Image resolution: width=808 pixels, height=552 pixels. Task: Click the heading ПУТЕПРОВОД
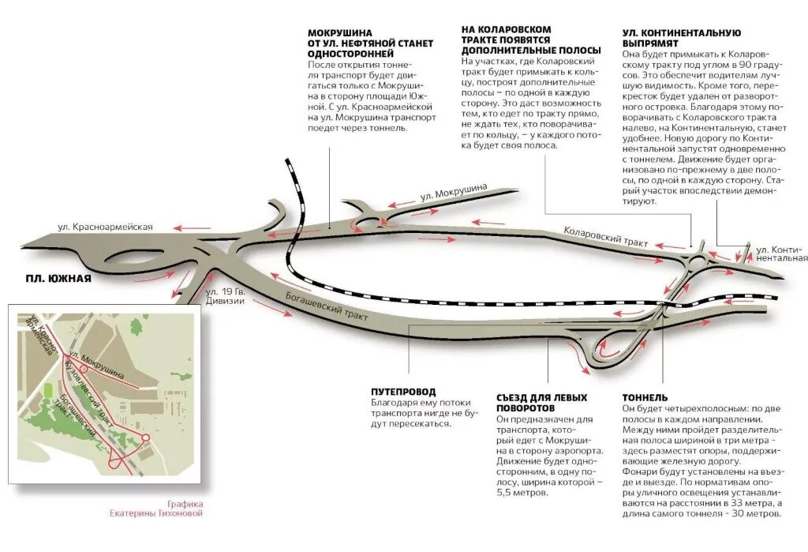coord(403,392)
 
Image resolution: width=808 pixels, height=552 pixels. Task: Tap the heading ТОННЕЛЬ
coord(645,397)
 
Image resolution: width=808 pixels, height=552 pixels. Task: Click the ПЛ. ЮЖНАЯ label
coord(58,279)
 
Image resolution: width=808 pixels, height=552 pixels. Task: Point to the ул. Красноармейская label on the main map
coord(105,227)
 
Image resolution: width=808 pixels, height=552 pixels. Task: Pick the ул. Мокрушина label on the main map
coord(454,192)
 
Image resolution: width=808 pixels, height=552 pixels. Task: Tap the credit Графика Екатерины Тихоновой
coord(157,509)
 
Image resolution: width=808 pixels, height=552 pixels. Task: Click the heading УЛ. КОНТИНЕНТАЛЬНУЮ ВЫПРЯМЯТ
coord(681,39)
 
